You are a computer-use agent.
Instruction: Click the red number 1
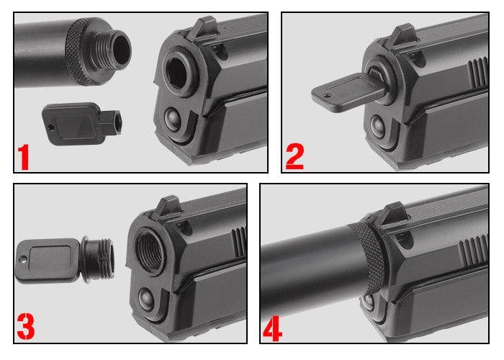[x=24, y=156]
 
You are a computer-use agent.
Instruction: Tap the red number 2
[x=294, y=156]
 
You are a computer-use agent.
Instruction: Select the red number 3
[x=25, y=326]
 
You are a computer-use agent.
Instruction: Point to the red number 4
[x=272, y=326]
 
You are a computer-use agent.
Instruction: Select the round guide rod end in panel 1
[x=174, y=117]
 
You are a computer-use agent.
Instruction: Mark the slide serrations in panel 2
[x=477, y=72]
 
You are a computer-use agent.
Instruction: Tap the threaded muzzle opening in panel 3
[x=148, y=250]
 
